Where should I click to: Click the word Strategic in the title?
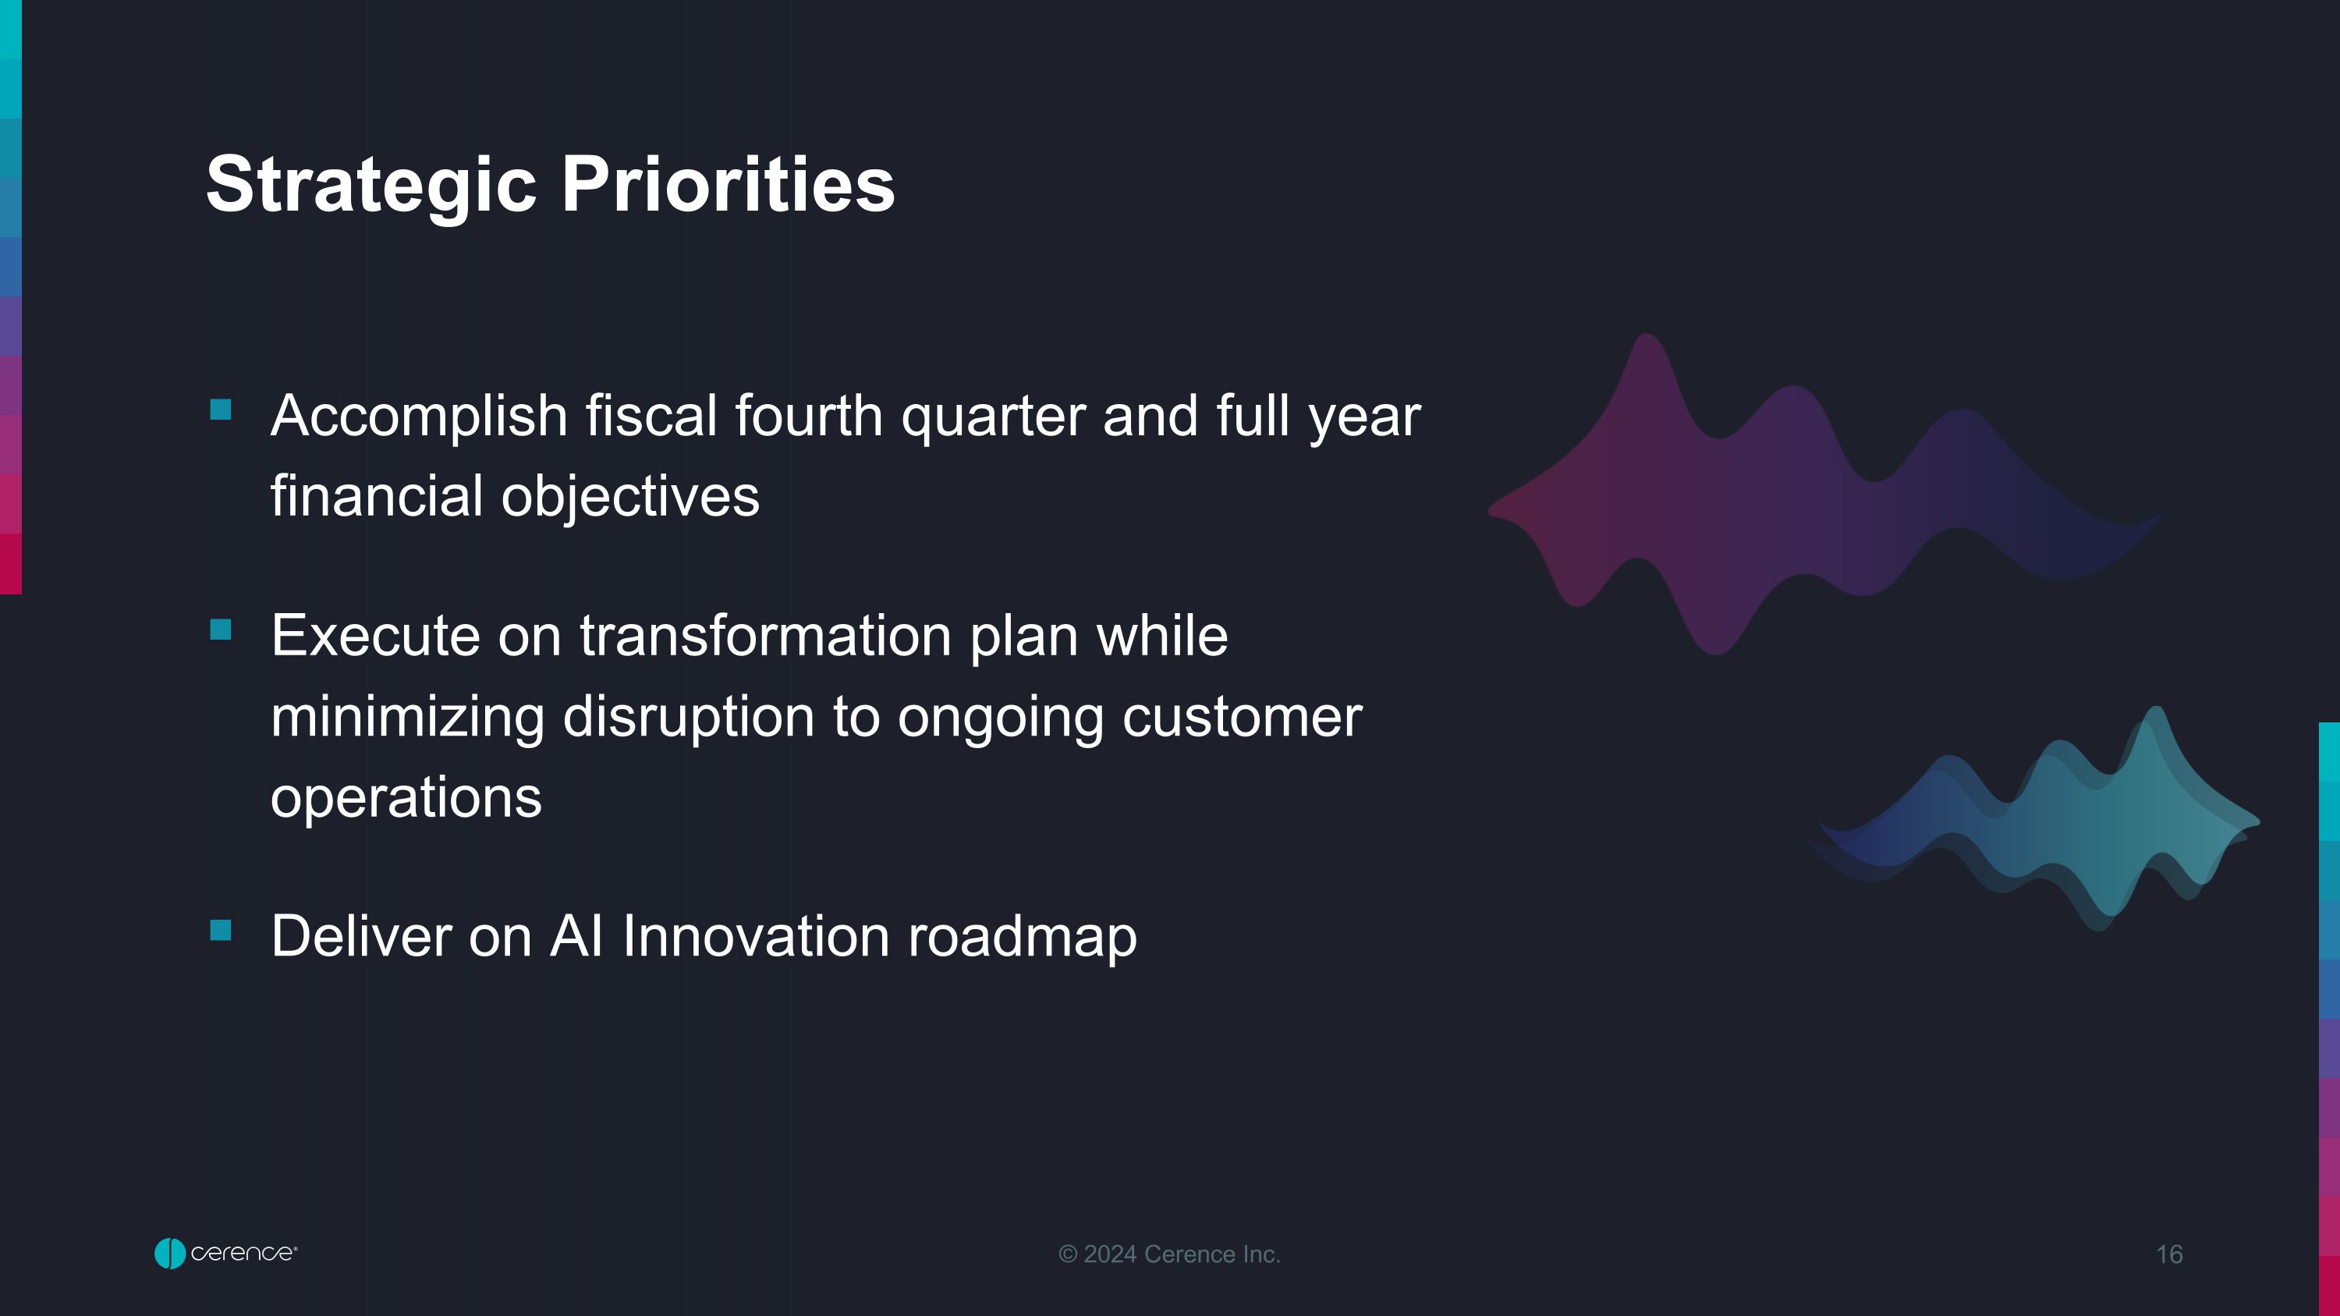tap(371, 186)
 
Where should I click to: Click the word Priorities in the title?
tap(728, 186)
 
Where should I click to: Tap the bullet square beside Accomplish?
tap(221, 410)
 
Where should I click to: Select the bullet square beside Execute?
tap(221, 630)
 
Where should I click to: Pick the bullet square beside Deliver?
tap(221, 930)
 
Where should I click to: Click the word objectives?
tap(629, 498)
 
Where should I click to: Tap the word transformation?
tap(766, 636)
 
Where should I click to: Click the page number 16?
tap(2169, 1254)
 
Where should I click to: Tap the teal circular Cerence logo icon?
tap(170, 1254)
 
